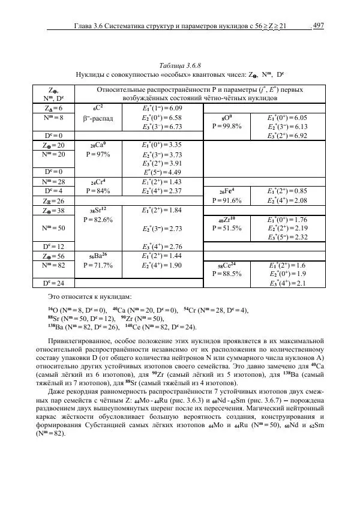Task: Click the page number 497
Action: (x=319, y=25)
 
